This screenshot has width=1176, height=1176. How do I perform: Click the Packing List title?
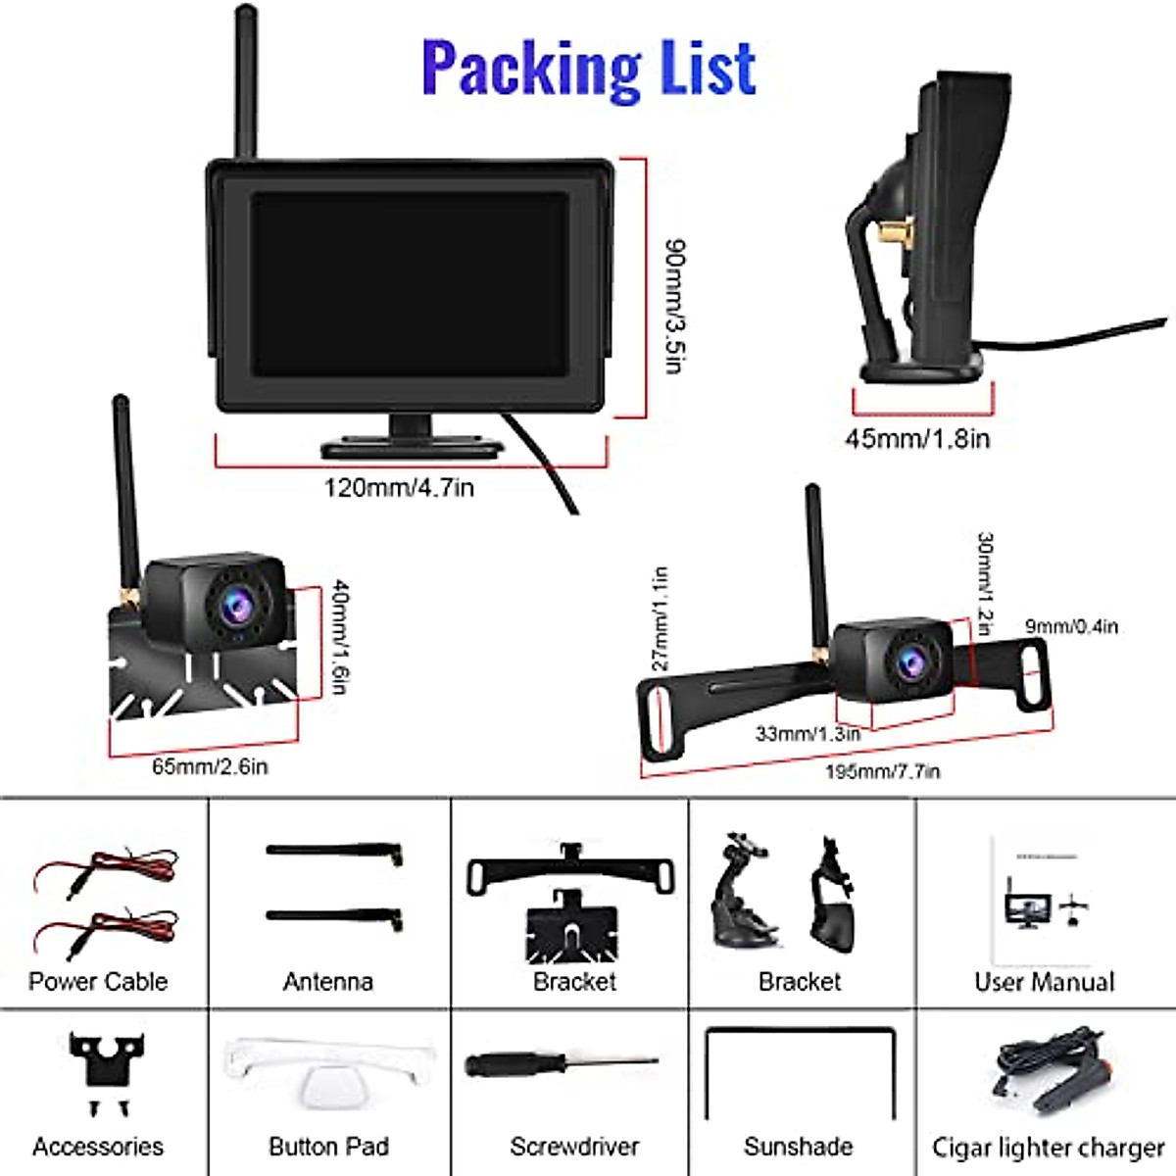coord(588,67)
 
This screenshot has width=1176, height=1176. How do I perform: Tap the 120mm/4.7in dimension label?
coord(399,487)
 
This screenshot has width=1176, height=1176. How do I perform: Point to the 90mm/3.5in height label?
coord(674,306)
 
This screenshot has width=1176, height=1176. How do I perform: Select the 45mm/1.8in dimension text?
coord(917,438)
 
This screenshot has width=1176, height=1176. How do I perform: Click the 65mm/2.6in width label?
coord(210,766)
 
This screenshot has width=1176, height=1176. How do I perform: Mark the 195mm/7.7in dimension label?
coord(882,771)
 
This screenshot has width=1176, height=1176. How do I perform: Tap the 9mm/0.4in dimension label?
coord(1071,626)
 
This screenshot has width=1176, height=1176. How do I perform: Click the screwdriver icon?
coord(559,1065)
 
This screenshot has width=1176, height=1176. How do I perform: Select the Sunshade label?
coord(798,1146)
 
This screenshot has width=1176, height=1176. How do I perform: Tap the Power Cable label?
coord(98,981)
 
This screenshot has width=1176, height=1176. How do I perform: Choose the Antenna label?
coord(328,981)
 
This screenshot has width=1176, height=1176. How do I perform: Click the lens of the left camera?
coord(235,609)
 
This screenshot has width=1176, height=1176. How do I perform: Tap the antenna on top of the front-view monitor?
coord(245,83)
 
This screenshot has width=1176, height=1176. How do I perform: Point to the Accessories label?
coord(98,1146)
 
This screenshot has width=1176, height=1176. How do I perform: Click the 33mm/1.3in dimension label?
coord(808,732)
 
